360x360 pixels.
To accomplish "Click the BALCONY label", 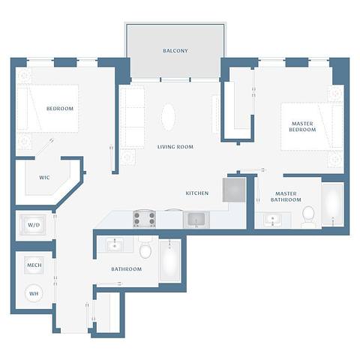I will click(175, 51).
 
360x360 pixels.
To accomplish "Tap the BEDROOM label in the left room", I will click(60, 109).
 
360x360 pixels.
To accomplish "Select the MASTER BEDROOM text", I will click(302, 125).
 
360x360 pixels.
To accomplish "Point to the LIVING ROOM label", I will click(175, 147).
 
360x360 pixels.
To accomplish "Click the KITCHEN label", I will click(197, 193).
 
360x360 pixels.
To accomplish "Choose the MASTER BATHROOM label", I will click(286, 196).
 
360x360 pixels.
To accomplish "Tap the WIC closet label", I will click(44, 178).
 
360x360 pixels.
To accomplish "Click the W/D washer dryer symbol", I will click(34, 225).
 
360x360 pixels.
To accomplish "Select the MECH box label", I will click(34, 266).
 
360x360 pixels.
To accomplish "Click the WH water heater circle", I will click(34, 293).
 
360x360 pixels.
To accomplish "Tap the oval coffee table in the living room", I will click(169, 116).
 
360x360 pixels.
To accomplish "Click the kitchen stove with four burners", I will click(144, 218).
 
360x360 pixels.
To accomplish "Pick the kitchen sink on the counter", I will click(196, 219).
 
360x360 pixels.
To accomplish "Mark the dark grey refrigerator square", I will click(234, 189).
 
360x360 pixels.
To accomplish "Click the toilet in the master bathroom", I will click(307, 217).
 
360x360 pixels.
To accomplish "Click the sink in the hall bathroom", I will click(115, 244).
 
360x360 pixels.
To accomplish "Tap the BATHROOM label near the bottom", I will click(126, 268).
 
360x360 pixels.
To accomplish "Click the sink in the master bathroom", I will click(271, 219).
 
